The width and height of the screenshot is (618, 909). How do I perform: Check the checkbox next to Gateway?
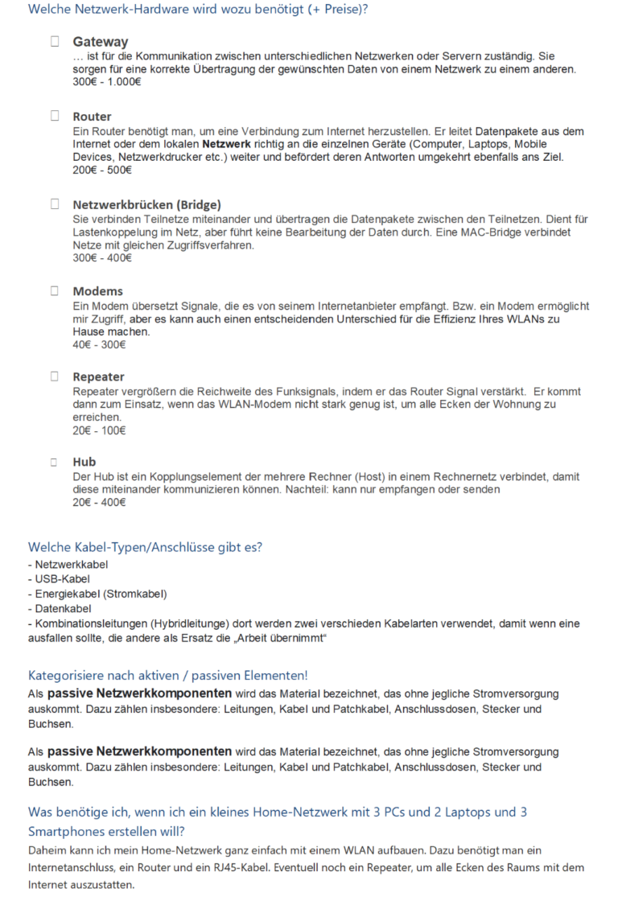[55, 41]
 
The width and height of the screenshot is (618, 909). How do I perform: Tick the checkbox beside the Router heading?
[55, 116]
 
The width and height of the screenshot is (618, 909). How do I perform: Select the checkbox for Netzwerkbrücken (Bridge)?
[55, 204]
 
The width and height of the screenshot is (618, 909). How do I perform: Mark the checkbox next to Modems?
[55, 290]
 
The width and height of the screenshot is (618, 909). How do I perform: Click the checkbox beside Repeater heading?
[55, 376]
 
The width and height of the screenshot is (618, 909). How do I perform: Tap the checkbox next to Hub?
[55, 462]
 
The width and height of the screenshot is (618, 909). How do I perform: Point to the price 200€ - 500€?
[102, 170]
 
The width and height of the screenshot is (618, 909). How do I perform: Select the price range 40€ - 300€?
[99, 344]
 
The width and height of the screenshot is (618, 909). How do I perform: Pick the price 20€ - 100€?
[99, 430]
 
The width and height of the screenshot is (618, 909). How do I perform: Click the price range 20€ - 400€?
[99, 502]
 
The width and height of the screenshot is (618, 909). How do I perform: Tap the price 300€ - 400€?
[102, 257]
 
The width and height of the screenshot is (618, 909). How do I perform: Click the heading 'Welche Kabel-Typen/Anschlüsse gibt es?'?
[145, 548]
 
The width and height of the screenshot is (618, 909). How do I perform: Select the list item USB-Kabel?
[59, 579]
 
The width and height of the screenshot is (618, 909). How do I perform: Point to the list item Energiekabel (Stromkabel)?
[97, 594]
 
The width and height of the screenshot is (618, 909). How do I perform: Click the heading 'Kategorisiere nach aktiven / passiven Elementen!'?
[168, 674]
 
